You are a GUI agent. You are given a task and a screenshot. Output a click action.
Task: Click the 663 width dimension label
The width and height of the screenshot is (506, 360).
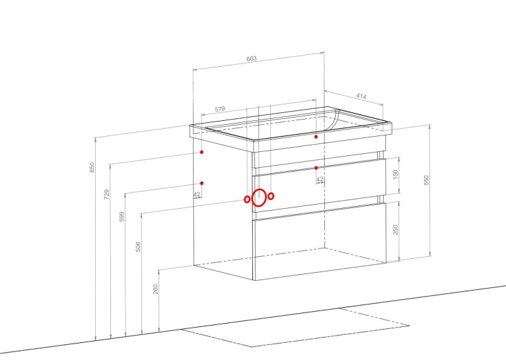(x=252, y=59)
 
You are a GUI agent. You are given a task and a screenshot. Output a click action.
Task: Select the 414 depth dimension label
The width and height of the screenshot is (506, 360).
(x=361, y=96)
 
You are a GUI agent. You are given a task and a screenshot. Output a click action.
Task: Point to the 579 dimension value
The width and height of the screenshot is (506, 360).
(x=220, y=109)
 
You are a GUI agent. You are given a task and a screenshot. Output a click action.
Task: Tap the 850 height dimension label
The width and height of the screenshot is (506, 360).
(x=92, y=167)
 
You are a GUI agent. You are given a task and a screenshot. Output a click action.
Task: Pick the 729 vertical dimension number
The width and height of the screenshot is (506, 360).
(x=107, y=194)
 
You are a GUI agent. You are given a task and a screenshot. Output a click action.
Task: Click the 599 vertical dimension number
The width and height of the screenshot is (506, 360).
(x=122, y=217)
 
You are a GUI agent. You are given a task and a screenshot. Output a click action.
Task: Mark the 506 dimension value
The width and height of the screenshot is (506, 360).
(x=138, y=246)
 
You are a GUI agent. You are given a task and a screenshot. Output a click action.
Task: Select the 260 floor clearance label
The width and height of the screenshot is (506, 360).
(x=155, y=289)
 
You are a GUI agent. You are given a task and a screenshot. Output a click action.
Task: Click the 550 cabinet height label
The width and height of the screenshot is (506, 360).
(x=426, y=180)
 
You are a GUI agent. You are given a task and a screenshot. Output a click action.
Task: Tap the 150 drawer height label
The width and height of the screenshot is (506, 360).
(x=396, y=174)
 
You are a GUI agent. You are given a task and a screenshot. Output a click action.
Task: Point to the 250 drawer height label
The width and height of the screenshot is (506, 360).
(x=396, y=230)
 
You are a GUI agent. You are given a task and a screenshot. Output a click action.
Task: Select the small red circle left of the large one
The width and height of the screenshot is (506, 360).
(x=247, y=199)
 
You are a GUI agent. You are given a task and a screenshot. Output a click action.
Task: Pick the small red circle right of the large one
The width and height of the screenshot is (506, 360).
(x=271, y=196)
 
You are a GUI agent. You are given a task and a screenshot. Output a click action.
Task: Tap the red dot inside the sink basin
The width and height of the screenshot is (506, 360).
(x=316, y=137)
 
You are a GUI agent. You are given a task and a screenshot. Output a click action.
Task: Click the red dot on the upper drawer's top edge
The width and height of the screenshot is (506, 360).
(x=316, y=168)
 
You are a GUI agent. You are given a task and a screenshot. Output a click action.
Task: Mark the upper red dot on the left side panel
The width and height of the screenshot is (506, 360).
(x=201, y=152)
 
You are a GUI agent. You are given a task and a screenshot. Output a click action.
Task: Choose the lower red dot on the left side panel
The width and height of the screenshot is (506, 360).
(x=201, y=183)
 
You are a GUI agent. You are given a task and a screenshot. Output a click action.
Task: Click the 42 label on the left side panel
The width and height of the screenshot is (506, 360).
(x=197, y=194)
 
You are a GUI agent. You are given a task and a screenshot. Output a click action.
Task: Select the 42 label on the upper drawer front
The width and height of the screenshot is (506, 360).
(x=320, y=180)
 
